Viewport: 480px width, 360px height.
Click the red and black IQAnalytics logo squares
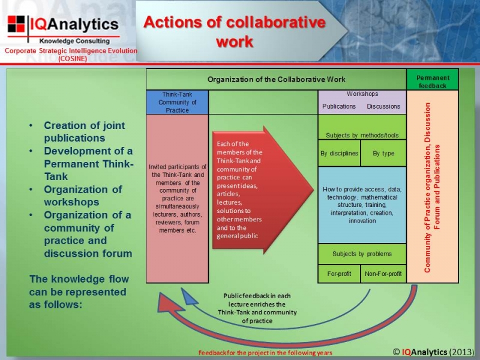click(x=16, y=24)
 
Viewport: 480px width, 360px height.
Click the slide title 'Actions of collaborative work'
click(x=235, y=32)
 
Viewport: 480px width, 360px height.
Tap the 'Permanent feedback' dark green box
click(x=433, y=80)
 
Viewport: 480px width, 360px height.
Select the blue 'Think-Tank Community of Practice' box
click(x=177, y=102)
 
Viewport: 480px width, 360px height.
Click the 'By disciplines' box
click(x=340, y=153)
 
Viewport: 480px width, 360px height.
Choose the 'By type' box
click(x=383, y=153)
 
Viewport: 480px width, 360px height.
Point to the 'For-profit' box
click(x=339, y=274)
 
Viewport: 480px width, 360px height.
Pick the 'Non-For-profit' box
click(x=383, y=274)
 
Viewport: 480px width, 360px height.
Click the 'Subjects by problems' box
click(x=362, y=254)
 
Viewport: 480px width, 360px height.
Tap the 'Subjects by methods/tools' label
click(x=362, y=136)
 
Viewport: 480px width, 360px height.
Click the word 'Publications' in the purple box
click(x=339, y=106)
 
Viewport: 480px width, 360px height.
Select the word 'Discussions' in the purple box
click(x=383, y=106)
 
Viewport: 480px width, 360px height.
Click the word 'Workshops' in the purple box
click(x=362, y=94)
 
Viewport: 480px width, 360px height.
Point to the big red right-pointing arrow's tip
click(x=314, y=190)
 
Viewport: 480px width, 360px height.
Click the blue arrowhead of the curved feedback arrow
click(x=188, y=296)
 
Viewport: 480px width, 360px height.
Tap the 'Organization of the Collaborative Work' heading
click(x=277, y=80)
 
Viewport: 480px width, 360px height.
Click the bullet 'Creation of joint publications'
click(x=85, y=131)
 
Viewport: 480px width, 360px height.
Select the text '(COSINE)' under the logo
click(x=73, y=58)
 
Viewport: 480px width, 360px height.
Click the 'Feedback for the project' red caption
click(x=265, y=353)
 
